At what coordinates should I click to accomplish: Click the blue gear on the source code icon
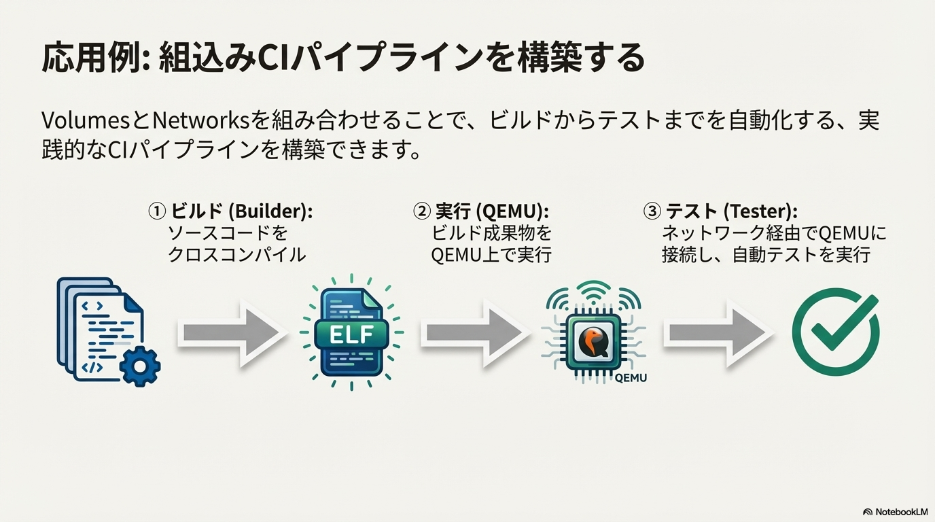point(140,366)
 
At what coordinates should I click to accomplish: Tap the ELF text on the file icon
point(351,334)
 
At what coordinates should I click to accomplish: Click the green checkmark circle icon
point(836,332)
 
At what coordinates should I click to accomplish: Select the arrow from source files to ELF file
point(232,333)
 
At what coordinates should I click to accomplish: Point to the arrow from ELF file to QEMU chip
point(475,333)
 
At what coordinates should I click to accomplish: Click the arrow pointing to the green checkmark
point(718,333)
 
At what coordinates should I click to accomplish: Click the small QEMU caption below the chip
point(631,378)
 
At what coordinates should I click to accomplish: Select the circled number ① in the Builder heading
point(157,211)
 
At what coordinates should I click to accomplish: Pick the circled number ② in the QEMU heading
point(421,211)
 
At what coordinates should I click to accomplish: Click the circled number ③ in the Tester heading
point(652,211)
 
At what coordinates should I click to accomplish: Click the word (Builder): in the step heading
point(270,211)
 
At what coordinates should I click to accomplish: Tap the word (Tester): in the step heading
point(760,211)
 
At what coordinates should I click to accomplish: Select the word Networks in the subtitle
point(200,121)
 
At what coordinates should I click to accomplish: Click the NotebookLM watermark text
point(902,512)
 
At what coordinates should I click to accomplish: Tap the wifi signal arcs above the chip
point(593,294)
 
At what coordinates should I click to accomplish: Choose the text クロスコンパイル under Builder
point(236,254)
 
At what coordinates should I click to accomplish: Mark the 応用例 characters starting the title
point(90,58)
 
